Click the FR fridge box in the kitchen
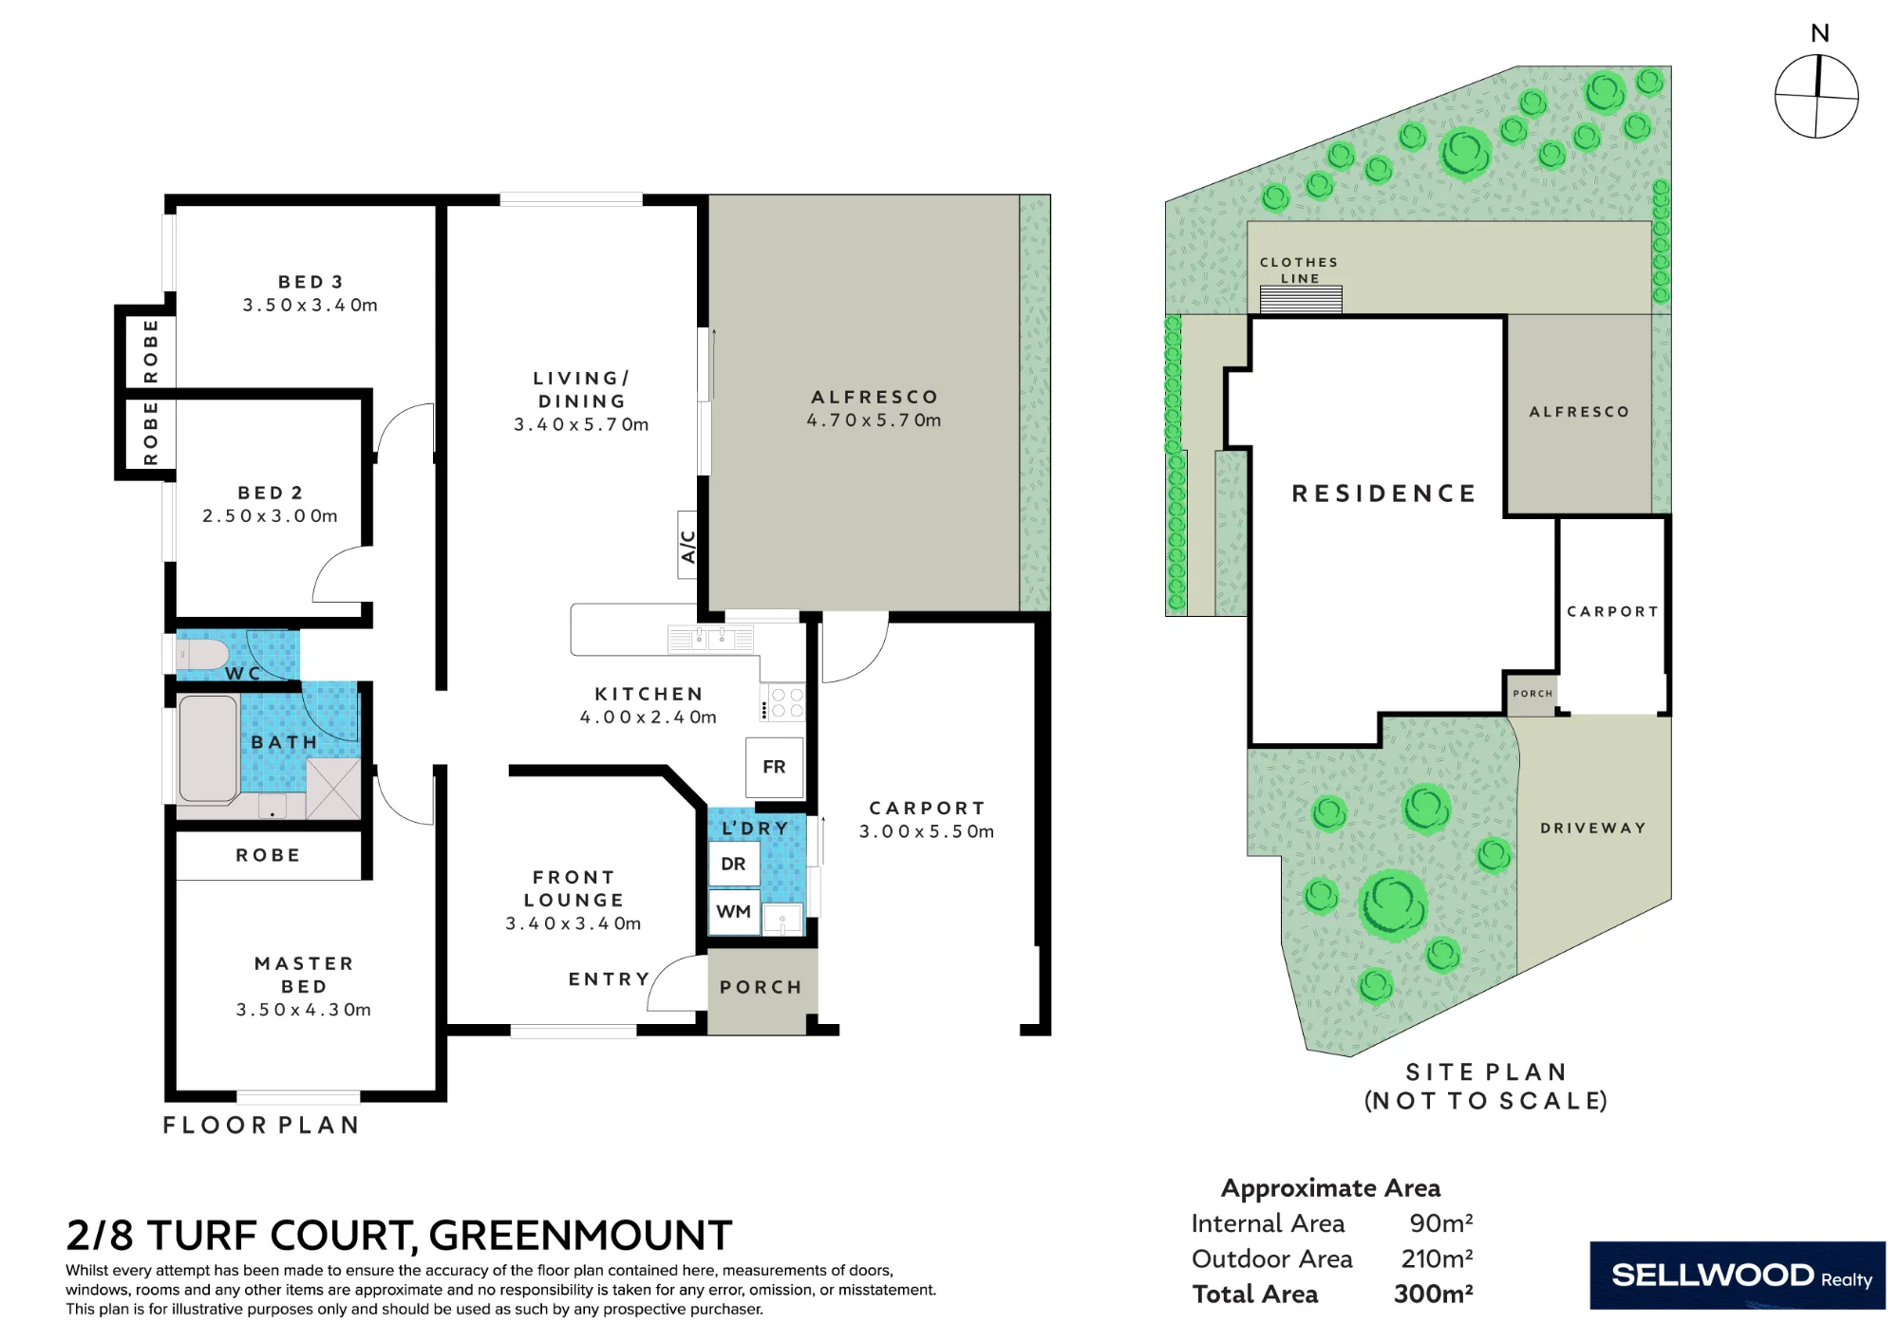pyautogui.click(x=775, y=767)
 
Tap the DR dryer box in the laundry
pyautogui.click(x=734, y=864)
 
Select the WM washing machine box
pyautogui.click(x=734, y=912)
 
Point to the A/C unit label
pyautogui.click(x=687, y=545)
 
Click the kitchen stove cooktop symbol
pyautogui.click(x=782, y=703)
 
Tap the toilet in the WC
pyautogui.click(x=202, y=655)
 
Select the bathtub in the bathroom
pyautogui.click(x=208, y=749)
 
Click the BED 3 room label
pyautogui.click(x=310, y=282)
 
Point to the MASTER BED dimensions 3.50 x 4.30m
pyautogui.click(x=304, y=1010)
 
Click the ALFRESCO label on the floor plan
pyautogui.click(x=874, y=397)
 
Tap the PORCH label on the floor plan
pyautogui.click(x=761, y=987)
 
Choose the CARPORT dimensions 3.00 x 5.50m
pyautogui.click(x=927, y=831)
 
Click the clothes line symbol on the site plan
pyautogui.click(x=1301, y=299)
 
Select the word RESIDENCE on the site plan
pyautogui.click(x=1384, y=494)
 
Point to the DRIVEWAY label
pyautogui.click(x=1593, y=828)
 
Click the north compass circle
pyautogui.click(x=1816, y=96)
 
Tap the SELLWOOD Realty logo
pyautogui.click(x=1738, y=1276)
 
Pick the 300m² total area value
pyautogui.click(x=1433, y=1294)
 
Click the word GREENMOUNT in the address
pyautogui.click(x=580, y=1236)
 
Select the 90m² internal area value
pyautogui.click(x=1440, y=1222)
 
